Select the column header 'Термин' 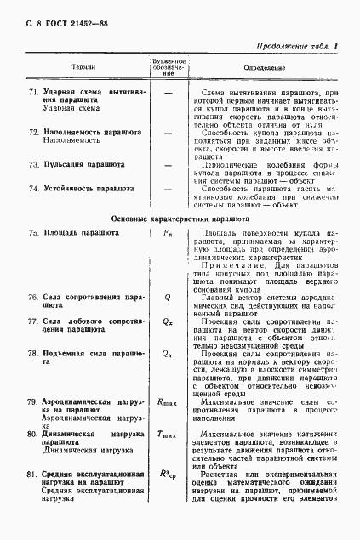coord(83,65)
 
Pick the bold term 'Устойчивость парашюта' coord(88,187)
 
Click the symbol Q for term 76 coord(168,298)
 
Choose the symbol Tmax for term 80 coord(168,435)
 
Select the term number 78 coord(33,352)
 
